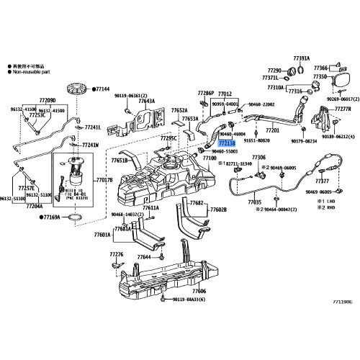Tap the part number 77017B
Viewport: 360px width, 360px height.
[104, 180]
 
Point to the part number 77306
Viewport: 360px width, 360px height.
[258, 157]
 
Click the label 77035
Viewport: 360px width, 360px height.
[254, 203]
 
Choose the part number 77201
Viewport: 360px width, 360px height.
[272, 131]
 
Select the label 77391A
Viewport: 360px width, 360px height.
[301, 58]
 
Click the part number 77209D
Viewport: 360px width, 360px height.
[48, 101]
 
